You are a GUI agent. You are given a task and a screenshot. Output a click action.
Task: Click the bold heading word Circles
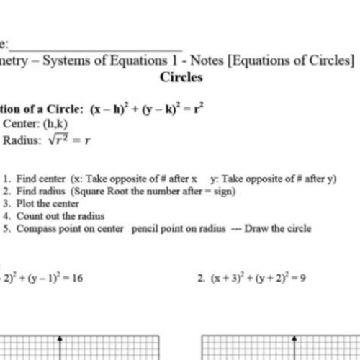[181, 77]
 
